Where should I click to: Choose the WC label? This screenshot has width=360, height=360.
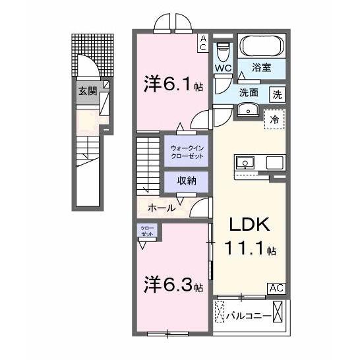222,67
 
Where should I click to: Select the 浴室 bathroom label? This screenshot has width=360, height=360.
262,67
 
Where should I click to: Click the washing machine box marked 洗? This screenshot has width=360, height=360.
278,94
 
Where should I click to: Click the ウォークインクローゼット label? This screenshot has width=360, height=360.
187,152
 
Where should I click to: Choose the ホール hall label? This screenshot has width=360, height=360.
162,208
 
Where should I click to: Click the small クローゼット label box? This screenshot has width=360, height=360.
146,231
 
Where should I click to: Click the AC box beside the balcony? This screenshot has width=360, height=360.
276,287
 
